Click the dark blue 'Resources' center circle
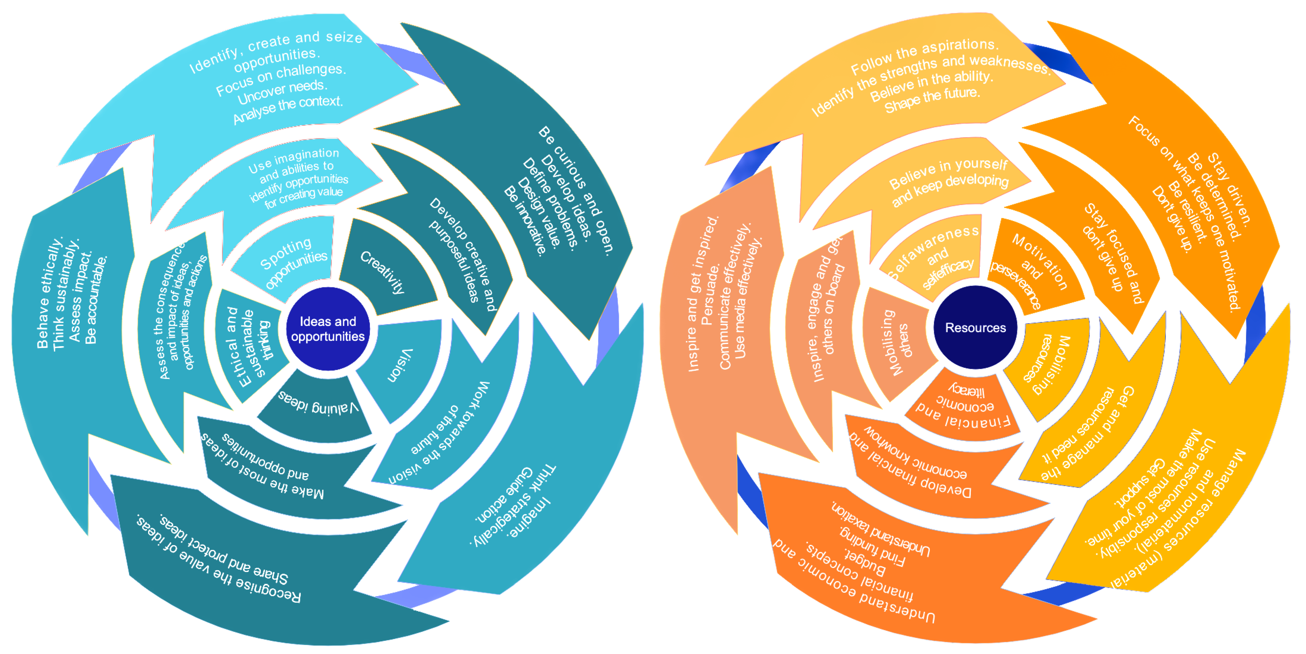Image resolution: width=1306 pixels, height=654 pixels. (x=975, y=328)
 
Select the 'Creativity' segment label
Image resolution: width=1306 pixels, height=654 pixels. (x=383, y=272)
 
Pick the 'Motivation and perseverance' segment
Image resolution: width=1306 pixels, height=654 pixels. (x=1032, y=268)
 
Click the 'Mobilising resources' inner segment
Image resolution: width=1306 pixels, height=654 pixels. (x=1047, y=364)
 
